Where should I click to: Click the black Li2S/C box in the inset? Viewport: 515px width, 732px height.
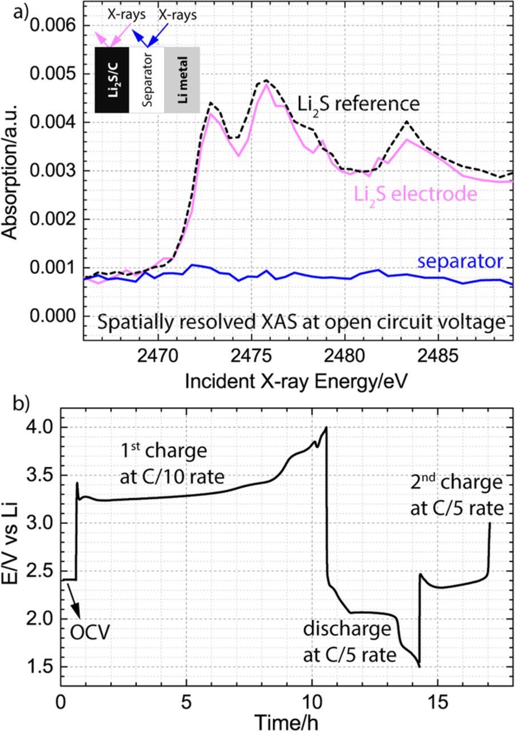point(111,79)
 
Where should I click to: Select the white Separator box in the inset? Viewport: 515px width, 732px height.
point(147,79)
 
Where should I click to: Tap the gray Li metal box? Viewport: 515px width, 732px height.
point(182,79)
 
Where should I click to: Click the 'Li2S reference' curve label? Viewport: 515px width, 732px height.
point(358,105)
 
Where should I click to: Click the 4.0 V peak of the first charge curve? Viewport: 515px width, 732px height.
point(326,428)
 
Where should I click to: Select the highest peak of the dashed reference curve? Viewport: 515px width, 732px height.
point(266,80)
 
